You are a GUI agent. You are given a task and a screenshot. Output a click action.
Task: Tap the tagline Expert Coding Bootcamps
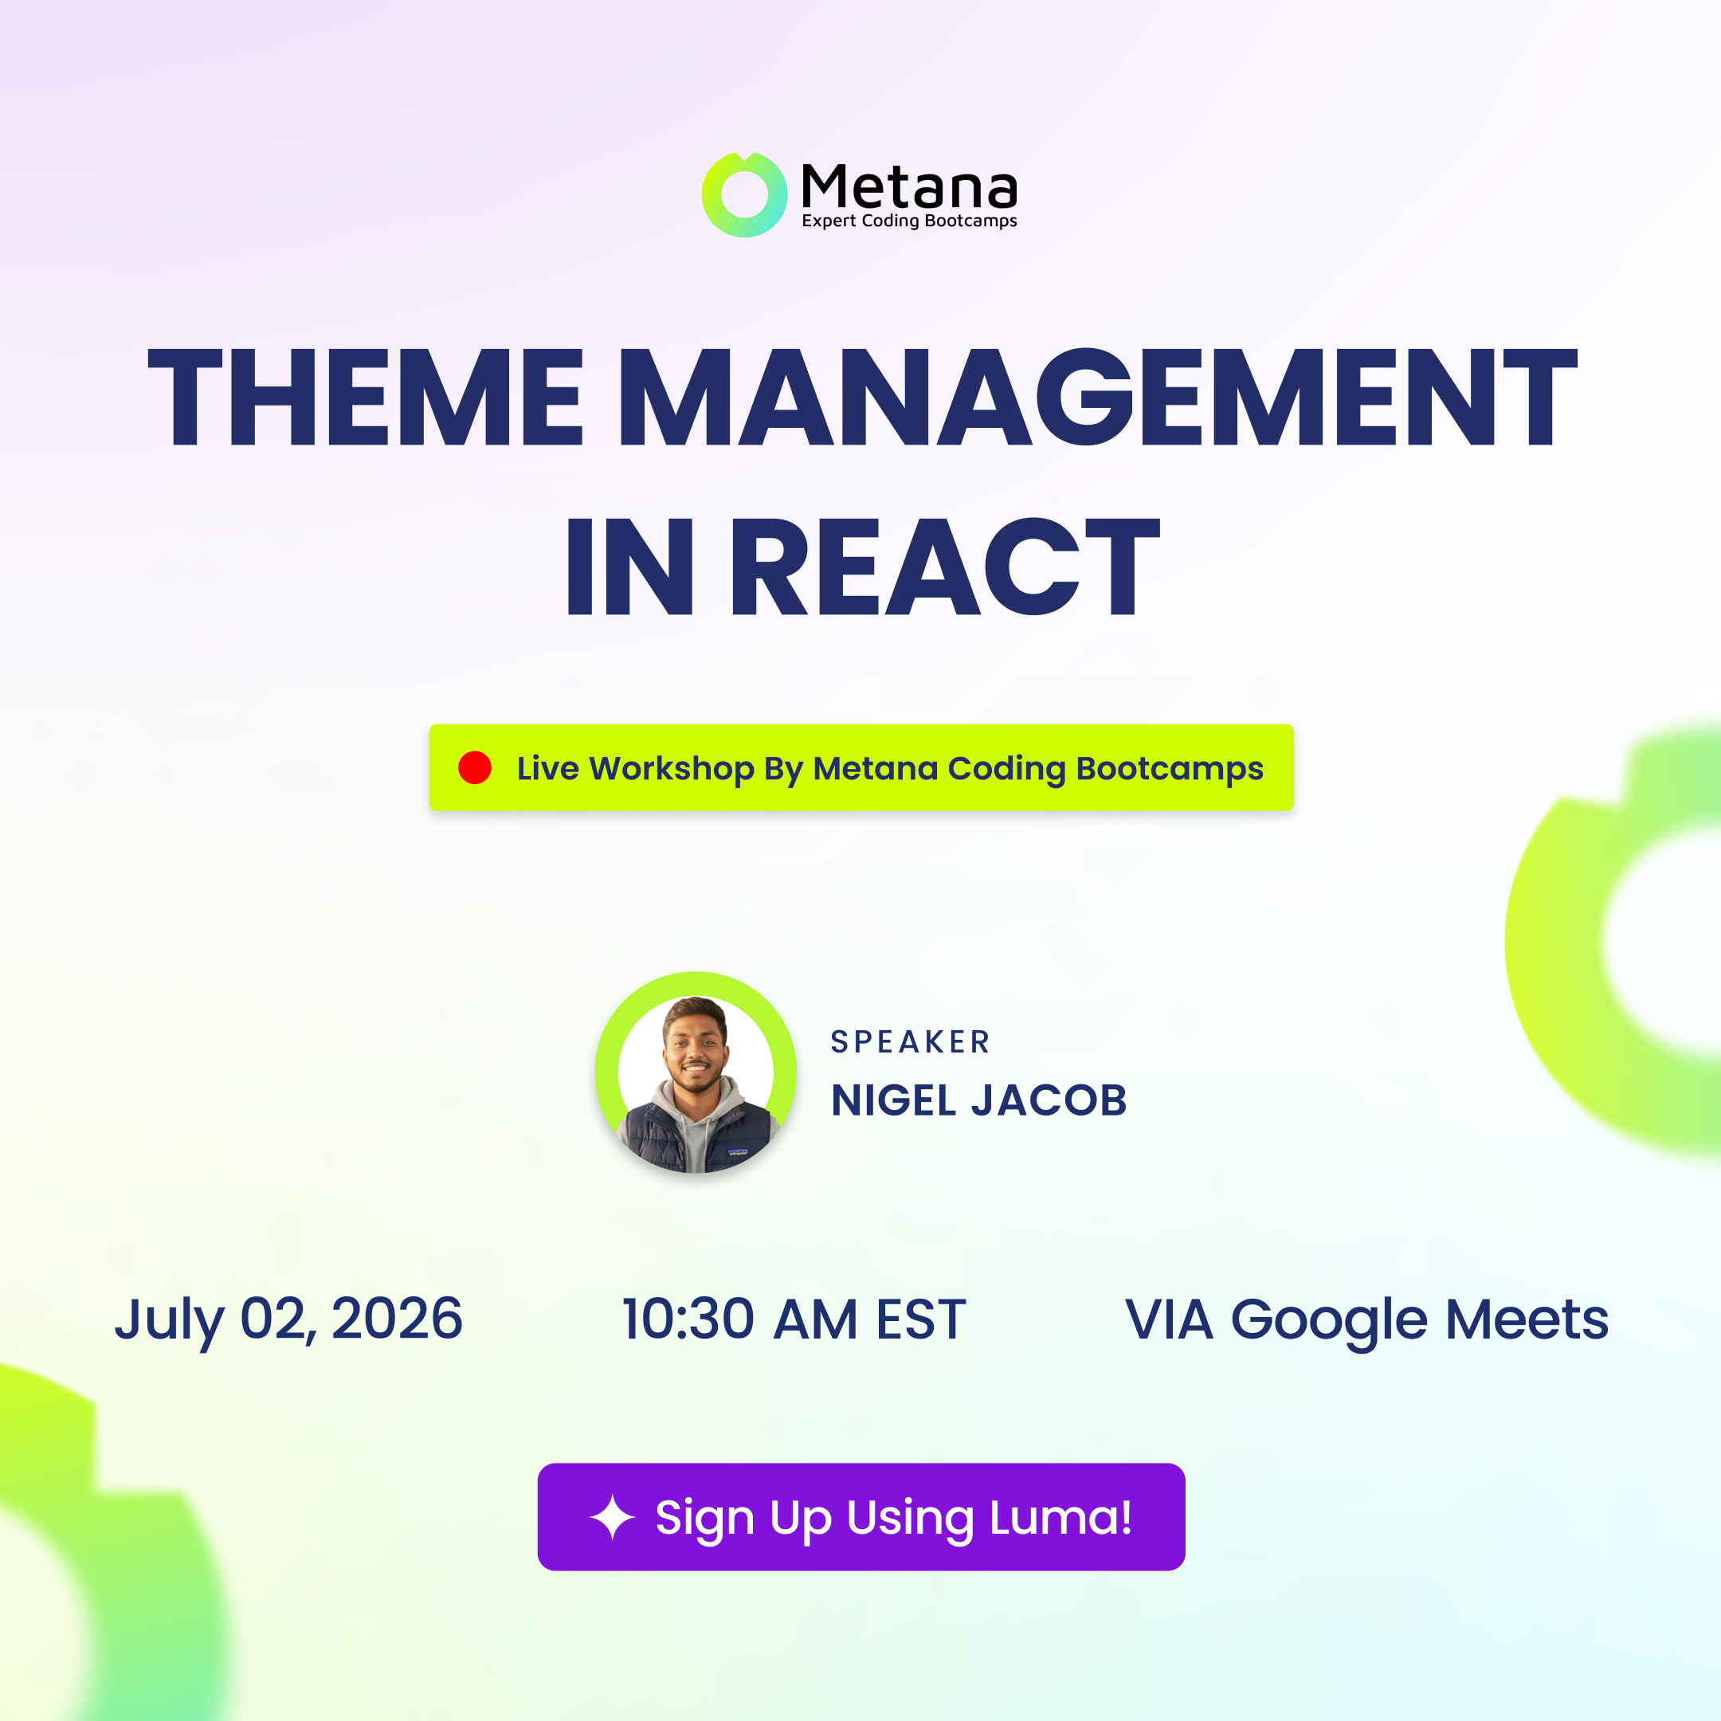click(909, 221)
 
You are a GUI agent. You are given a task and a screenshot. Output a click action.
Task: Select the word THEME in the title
click(365, 397)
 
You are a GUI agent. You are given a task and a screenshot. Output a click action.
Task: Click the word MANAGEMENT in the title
click(1097, 397)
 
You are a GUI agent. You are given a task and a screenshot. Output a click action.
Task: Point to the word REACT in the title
click(945, 566)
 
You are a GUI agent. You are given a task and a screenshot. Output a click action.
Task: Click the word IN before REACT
click(629, 566)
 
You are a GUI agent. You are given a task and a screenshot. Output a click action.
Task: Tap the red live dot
click(475, 768)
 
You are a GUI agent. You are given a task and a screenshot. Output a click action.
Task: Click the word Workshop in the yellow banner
click(672, 769)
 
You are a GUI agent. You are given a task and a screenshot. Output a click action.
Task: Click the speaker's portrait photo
click(696, 1072)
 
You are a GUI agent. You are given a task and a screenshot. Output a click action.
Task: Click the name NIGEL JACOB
click(979, 1100)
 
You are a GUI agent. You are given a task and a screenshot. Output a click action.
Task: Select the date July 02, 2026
click(288, 1320)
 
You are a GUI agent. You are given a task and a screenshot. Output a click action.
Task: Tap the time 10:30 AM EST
click(794, 1319)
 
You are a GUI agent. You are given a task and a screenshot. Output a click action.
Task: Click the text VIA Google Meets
click(1366, 1320)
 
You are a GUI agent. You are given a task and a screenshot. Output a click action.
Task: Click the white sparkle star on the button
click(613, 1517)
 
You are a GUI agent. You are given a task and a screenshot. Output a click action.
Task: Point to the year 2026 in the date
click(398, 1319)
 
